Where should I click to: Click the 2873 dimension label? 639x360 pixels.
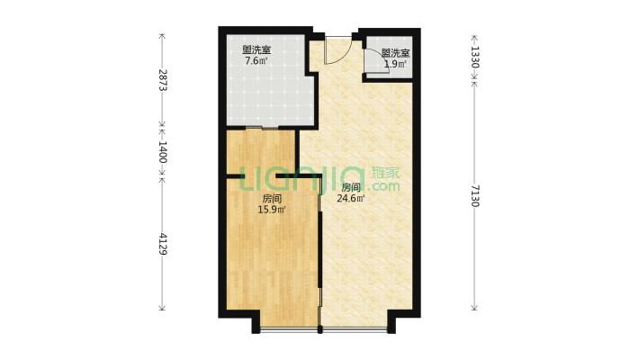pos(163,79)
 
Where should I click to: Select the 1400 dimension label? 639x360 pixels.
pos(163,152)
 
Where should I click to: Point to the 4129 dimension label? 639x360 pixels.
pos(163,244)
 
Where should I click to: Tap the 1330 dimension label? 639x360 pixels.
pos(475,57)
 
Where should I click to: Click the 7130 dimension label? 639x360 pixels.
pos(475,195)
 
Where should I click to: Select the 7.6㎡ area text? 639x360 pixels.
pos(256,61)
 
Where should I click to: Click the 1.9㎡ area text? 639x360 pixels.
pos(395,64)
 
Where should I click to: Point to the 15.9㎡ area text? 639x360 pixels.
pos(272,210)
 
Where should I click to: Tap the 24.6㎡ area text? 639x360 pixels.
pos(350,199)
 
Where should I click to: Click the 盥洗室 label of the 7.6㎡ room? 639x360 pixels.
pos(256,50)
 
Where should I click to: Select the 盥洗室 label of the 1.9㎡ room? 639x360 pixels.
pos(396,53)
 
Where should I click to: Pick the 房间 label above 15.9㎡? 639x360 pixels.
pos(272,199)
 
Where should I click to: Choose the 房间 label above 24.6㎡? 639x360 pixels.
pos(351,188)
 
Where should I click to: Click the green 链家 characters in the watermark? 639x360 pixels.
pos(386,173)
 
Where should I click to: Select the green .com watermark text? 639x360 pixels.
pos(383,187)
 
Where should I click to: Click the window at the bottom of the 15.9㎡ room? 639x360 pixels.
pos(289,329)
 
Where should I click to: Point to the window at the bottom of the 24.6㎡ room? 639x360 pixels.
pos(355,329)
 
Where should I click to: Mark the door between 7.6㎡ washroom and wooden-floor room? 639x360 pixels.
pos(262,129)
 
